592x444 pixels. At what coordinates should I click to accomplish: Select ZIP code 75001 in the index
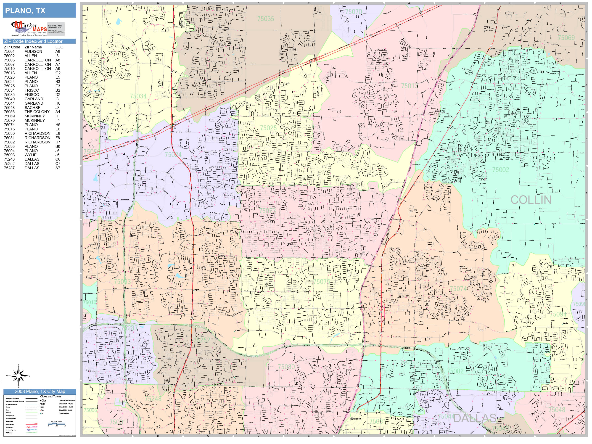coord(9,51)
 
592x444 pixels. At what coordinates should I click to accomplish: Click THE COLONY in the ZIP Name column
coord(37,112)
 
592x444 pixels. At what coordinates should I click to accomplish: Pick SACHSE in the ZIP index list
coord(32,107)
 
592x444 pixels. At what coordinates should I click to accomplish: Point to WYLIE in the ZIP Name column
coord(31,155)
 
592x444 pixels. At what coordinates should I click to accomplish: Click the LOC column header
coord(59,47)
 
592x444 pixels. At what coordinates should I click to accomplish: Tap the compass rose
coord(18,376)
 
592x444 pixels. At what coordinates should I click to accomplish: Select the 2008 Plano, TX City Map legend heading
coord(40,391)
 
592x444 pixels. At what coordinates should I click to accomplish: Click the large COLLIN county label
coord(531,200)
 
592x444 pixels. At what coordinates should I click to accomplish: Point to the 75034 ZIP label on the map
coord(138,96)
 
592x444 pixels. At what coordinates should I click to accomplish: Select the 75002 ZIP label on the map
coord(500,170)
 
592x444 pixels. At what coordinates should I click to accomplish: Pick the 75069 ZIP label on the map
coord(566,38)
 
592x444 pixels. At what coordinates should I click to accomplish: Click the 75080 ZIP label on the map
coord(286,367)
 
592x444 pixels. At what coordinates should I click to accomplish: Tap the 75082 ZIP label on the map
coord(455,371)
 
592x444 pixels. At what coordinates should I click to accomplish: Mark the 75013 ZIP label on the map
coord(409,86)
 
